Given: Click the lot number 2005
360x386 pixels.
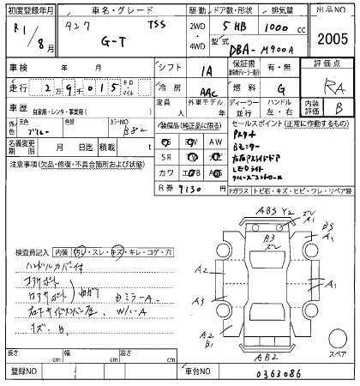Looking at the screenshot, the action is click(x=332, y=39).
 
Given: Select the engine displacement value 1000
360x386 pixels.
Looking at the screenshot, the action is click(x=273, y=27).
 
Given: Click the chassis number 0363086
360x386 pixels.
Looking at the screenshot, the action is click(x=280, y=374).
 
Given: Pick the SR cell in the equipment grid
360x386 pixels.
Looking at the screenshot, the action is click(x=167, y=157).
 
